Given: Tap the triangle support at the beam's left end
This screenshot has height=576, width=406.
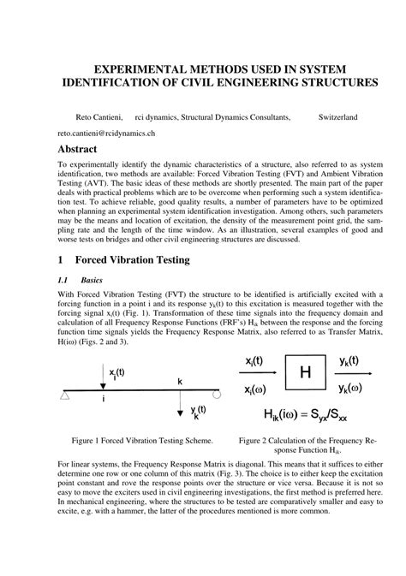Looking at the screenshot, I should point(65,395).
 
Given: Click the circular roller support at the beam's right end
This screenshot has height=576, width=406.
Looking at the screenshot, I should point(217,395).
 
